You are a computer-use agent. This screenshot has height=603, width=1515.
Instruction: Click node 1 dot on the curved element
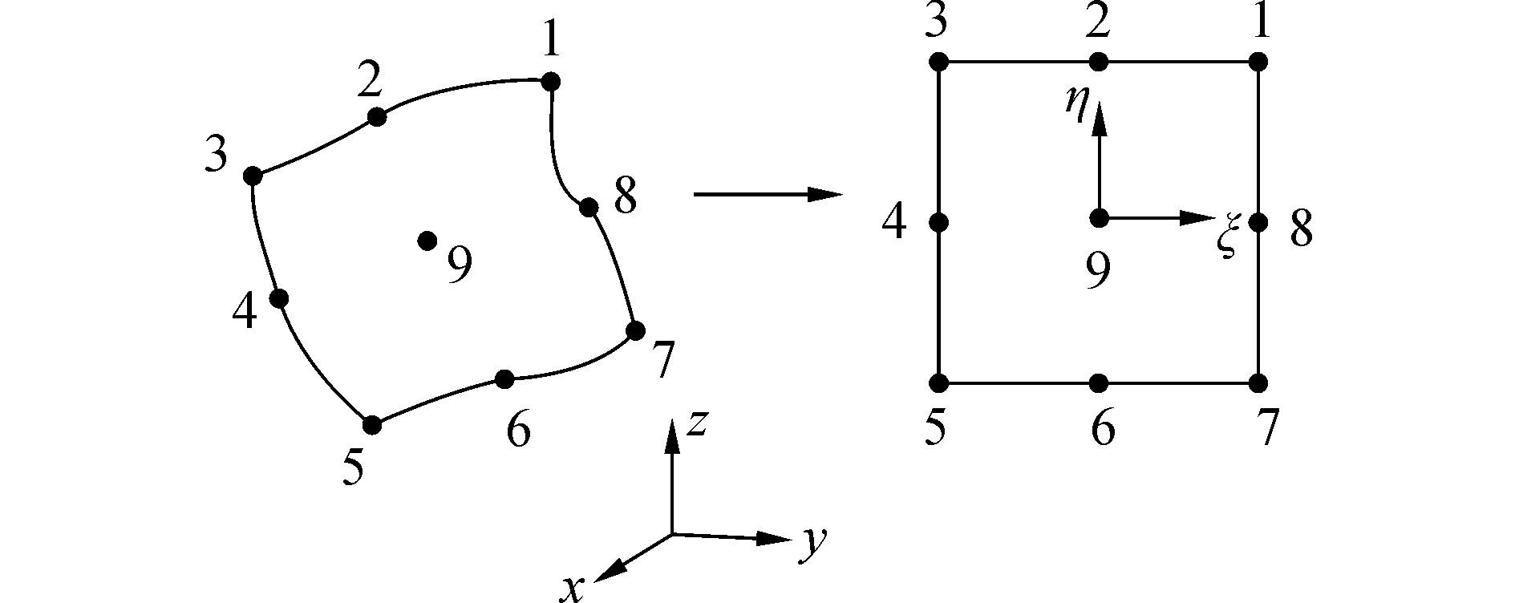pyautogui.click(x=550, y=81)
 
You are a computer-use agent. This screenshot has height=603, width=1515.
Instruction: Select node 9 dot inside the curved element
pyautogui.click(x=427, y=241)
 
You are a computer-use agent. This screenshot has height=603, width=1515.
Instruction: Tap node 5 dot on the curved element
pyautogui.click(x=372, y=424)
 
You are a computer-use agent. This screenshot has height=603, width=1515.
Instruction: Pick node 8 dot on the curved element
pyautogui.click(x=589, y=207)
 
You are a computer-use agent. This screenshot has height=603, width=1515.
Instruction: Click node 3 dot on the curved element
pyautogui.click(x=253, y=176)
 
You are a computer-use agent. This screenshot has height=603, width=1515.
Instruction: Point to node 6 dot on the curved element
pyautogui.click(x=504, y=378)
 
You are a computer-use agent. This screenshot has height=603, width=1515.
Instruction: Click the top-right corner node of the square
pyautogui.click(x=1258, y=62)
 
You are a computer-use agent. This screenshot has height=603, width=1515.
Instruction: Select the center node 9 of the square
pyautogui.click(x=1099, y=217)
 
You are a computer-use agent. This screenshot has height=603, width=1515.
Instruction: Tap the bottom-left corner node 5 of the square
pyautogui.click(x=940, y=382)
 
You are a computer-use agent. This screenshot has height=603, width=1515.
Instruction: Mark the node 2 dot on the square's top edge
pyautogui.click(x=1099, y=62)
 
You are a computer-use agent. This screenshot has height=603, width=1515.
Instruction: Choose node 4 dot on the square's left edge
pyautogui.click(x=940, y=222)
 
